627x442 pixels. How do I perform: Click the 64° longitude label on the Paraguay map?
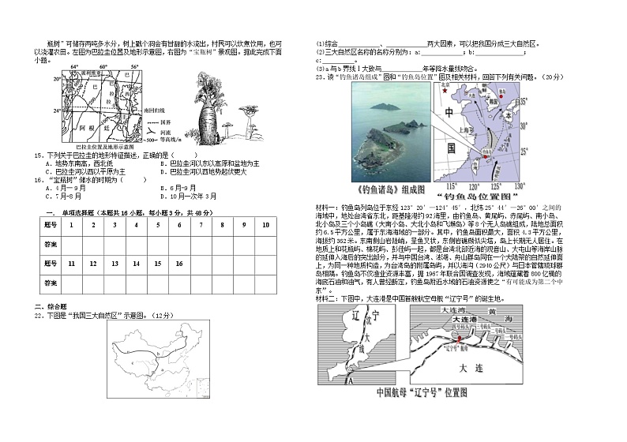pyautogui.click(x=75, y=67)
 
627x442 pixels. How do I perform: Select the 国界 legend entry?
pyautogui.click(x=166, y=123)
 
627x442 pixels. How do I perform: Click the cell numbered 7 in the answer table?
pyautogui.click(x=200, y=225)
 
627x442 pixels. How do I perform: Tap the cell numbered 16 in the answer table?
pyautogui.click(x=178, y=263)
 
